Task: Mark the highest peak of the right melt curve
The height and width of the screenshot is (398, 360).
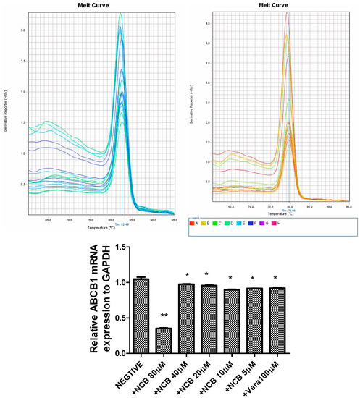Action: click(288, 12)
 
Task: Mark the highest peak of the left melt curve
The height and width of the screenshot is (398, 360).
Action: click(121, 13)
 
